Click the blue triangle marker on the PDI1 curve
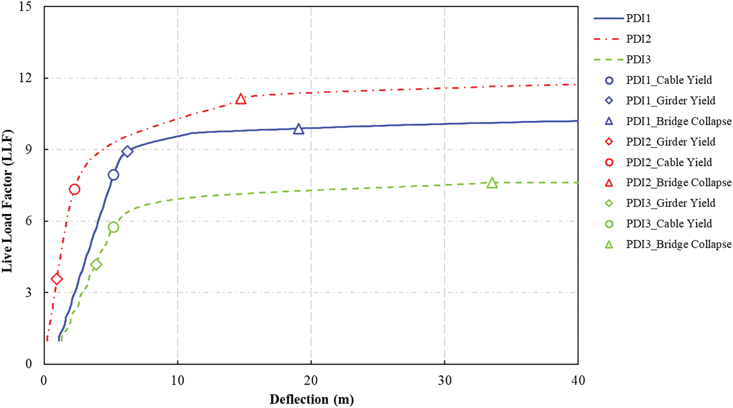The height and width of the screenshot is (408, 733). point(298,129)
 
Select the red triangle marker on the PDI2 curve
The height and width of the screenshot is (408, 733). point(241,99)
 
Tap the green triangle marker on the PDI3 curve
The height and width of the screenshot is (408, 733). point(492,183)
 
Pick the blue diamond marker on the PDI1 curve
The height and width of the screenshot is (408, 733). point(127,152)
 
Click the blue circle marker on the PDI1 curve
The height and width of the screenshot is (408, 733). point(113,175)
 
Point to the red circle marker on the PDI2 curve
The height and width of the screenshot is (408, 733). point(74,189)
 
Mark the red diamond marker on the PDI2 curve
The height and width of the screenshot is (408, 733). point(57,279)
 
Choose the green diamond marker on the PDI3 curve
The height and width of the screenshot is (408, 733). point(96,264)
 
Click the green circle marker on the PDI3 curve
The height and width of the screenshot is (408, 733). point(113,227)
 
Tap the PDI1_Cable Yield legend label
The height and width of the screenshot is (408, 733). point(669,80)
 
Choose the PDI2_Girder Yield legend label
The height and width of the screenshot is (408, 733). point(671,142)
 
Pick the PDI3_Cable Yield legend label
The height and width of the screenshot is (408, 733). point(669,224)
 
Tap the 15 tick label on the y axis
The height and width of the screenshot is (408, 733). point(25,6)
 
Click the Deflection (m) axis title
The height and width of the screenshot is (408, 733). point(312,399)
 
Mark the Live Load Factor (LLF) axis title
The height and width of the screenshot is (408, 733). point(7,201)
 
